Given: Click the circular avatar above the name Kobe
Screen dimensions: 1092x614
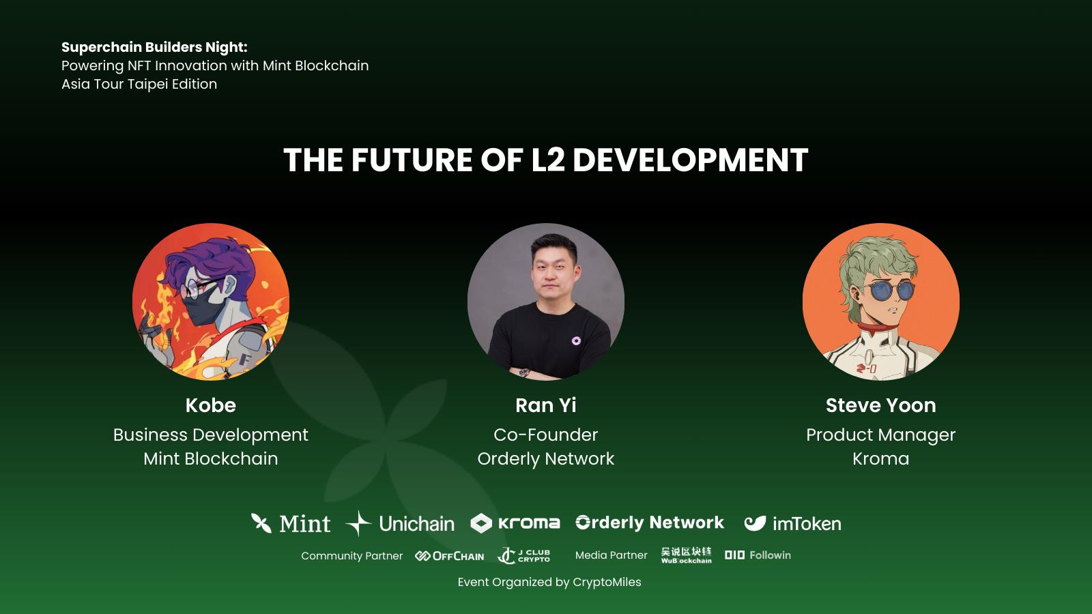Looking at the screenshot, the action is [x=211, y=302].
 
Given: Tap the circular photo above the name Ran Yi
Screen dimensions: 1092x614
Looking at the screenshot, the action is [x=546, y=302].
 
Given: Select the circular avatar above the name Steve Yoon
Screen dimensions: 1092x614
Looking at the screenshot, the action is [x=881, y=302].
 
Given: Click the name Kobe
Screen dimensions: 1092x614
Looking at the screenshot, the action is [x=211, y=405].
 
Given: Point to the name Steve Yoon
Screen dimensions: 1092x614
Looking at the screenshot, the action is [x=881, y=405].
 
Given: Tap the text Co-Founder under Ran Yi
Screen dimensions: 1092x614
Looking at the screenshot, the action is [x=546, y=435].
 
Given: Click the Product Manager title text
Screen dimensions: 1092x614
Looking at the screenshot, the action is [x=881, y=435].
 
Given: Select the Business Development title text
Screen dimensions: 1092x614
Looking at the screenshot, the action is [x=211, y=435].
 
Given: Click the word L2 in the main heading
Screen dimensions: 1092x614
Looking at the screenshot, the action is [x=547, y=160].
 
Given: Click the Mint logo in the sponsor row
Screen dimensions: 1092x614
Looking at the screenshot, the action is [x=291, y=523].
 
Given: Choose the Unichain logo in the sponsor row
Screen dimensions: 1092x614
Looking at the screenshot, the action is [x=400, y=523].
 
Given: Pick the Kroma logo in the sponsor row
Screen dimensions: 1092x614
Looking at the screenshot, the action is [x=515, y=523].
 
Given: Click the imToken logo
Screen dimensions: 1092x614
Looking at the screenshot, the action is [x=792, y=523].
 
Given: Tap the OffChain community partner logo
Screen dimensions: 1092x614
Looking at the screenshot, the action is [x=450, y=556].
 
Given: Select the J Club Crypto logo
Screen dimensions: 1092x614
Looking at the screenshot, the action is [x=523, y=555].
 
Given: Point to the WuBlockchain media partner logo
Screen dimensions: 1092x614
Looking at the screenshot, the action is [x=687, y=555].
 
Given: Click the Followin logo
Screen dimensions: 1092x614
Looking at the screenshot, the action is [x=758, y=555].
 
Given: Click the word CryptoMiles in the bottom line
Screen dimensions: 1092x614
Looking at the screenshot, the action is [x=607, y=583].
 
